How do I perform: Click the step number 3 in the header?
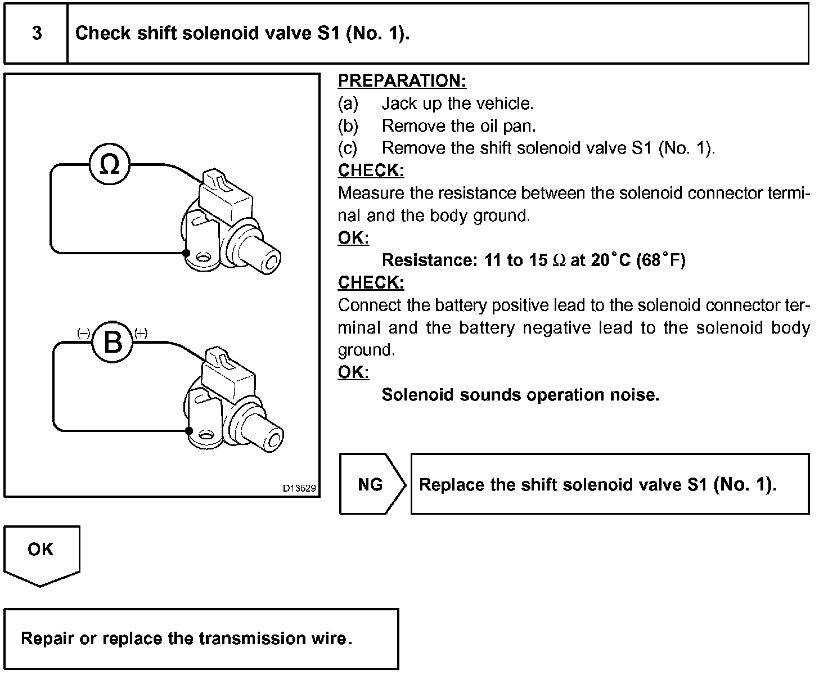pos(37,33)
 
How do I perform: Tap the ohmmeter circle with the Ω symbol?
pos(110,165)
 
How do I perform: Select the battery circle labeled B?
pos(112,342)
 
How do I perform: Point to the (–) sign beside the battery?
pos(83,333)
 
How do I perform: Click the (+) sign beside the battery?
pos(141,333)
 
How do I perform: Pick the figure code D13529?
pos(299,488)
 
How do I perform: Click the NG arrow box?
pos(371,484)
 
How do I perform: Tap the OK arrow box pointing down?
pos(41,554)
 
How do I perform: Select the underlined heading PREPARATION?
pos(402,81)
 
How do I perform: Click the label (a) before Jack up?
pos(348,103)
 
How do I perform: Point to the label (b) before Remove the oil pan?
pos(348,126)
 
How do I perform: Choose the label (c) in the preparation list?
pos(348,148)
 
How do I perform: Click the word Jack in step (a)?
pos(397,103)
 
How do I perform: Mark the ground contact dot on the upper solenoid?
pos(186,253)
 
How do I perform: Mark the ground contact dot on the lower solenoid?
pos(189,431)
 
